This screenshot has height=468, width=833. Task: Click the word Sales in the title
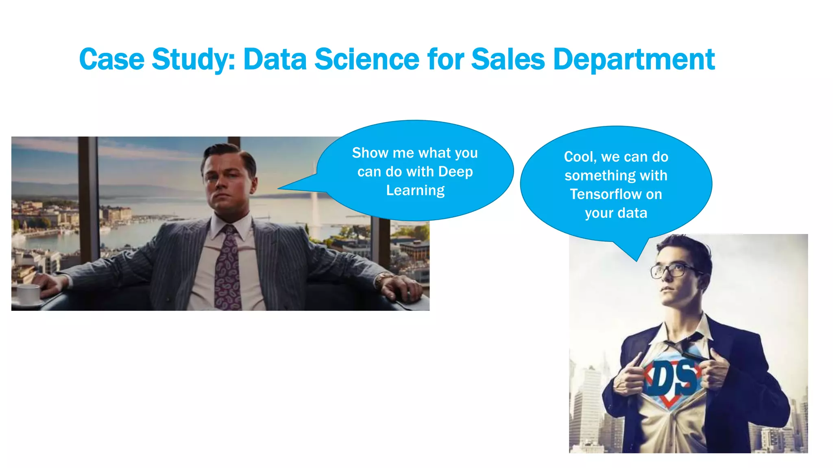(x=508, y=59)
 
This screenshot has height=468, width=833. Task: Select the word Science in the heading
(x=366, y=59)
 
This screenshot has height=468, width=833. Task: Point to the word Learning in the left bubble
(x=415, y=191)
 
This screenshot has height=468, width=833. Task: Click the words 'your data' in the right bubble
(x=616, y=213)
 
